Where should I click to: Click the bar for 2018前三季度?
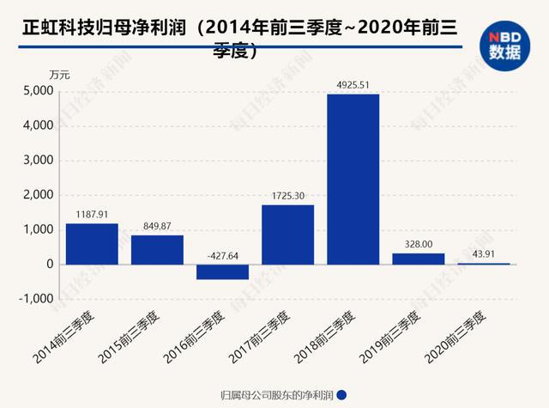point(353,179)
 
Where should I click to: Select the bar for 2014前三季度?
point(92,244)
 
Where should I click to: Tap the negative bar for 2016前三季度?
point(222,271)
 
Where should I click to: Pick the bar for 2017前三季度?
point(287,234)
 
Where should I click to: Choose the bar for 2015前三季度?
point(157,249)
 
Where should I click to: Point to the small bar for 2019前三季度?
point(418,259)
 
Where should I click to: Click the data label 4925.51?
point(353,84)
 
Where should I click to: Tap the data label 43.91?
point(483,253)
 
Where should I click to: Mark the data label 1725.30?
point(287,195)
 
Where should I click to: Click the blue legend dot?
point(342,395)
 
